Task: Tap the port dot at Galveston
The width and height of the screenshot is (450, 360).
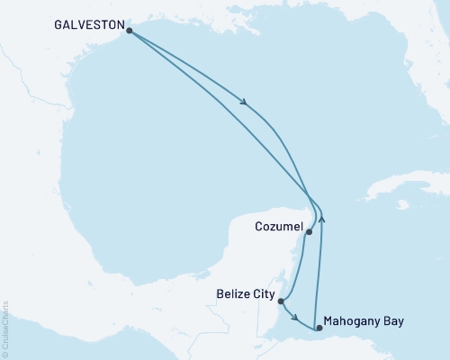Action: tap(130, 31)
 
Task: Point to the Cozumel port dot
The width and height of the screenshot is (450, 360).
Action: tap(309, 232)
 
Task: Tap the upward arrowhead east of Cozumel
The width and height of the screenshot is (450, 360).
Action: tap(322, 217)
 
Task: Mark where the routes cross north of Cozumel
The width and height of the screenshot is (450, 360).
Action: tap(310, 197)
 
